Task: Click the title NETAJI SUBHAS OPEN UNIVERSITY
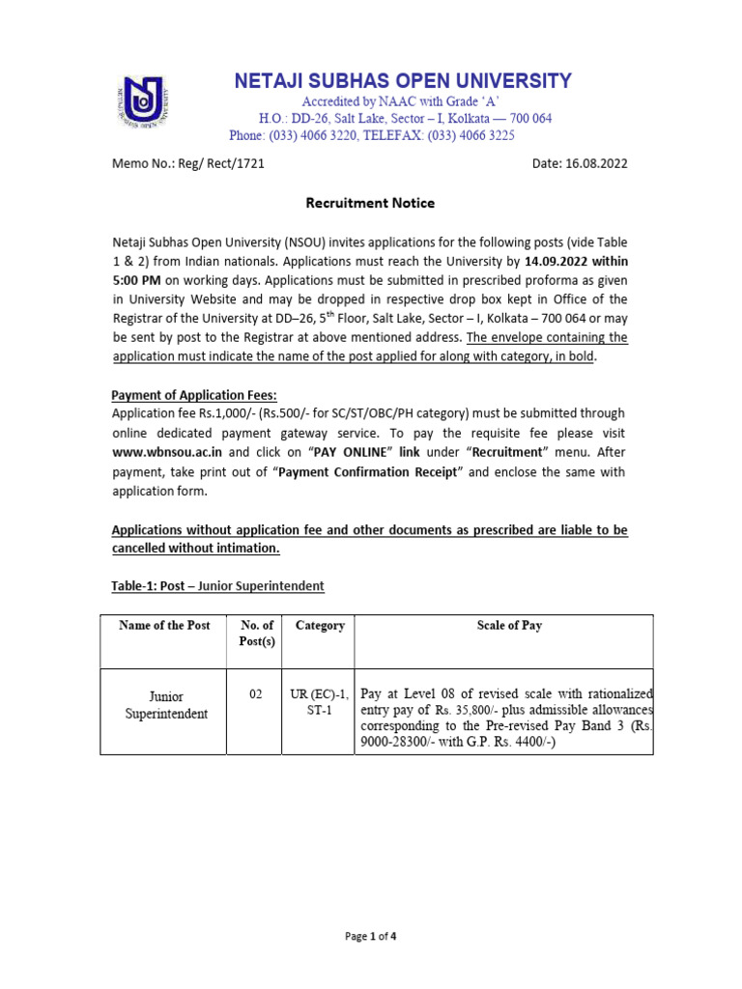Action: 403,81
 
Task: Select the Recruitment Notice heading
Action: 370,203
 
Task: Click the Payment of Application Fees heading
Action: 194,394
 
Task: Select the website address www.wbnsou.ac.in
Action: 167,451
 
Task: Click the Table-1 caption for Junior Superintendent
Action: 217,586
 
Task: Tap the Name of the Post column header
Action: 164,626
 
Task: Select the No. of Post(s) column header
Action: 256,634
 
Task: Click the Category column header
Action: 320,626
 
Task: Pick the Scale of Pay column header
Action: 509,626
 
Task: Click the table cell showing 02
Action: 256,693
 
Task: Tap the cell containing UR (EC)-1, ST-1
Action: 320,702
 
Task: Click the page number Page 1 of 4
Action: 370,936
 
